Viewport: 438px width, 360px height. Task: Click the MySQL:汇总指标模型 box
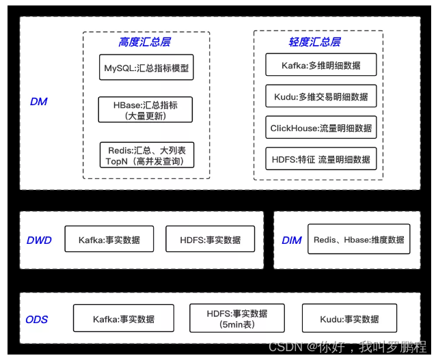[x=146, y=68]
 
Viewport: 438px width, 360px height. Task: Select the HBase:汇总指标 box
[x=146, y=110]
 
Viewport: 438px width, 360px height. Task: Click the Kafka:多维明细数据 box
[x=320, y=66]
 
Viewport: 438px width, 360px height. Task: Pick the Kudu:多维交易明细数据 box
[x=320, y=96]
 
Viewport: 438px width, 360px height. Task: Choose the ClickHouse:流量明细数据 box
[x=320, y=128]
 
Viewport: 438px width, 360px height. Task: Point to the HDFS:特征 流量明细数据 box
[x=320, y=158]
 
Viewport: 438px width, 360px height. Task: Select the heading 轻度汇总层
[x=314, y=42]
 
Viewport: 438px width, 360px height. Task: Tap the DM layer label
[x=38, y=102]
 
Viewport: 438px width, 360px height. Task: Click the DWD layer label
[x=39, y=240]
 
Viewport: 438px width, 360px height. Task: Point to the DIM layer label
[x=292, y=240]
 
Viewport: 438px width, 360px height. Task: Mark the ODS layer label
[x=37, y=320]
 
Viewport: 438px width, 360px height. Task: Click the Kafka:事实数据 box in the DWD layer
[x=109, y=240]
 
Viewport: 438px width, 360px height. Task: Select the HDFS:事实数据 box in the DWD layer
[x=210, y=240]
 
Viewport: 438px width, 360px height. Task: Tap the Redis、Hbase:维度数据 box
[x=359, y=240]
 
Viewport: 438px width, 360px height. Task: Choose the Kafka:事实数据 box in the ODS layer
[x=124, y=319]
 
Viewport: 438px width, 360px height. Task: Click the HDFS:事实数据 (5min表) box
[x=237, y=319]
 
